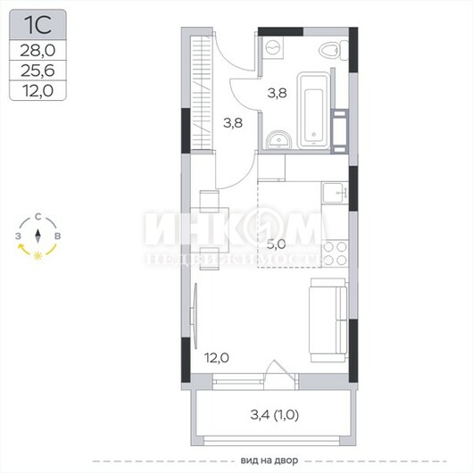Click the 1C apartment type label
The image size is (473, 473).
click(x=37, y=25)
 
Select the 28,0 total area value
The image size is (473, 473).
click(x=37, y=50)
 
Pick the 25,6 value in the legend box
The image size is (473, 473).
click(x=37, y=71)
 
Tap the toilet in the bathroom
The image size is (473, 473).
click(x=334, y=51)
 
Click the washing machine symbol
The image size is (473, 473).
click(x=274, y=47)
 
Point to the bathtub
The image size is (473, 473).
click(x=313, y=110)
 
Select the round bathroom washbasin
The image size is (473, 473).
click(x=278, y=140)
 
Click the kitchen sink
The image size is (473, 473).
click(x=335, y=193)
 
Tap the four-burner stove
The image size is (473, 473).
click(x=336, y=253)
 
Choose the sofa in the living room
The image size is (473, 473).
click(x=328, y=319)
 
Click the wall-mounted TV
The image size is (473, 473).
click(x=195, y=316)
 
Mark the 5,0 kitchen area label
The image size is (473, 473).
click(x=276, y=244)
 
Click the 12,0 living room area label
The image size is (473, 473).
click(x=217, y=358)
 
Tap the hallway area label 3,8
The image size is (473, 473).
click(x=233, y=123)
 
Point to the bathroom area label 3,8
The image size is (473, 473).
click(x=277, y=93)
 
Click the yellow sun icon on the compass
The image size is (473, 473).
click(x=37, y=255)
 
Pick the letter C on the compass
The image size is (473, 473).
click(x=37, y=217)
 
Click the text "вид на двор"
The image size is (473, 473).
click(x=270, y=461)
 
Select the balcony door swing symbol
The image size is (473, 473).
click(x=279, y=372)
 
